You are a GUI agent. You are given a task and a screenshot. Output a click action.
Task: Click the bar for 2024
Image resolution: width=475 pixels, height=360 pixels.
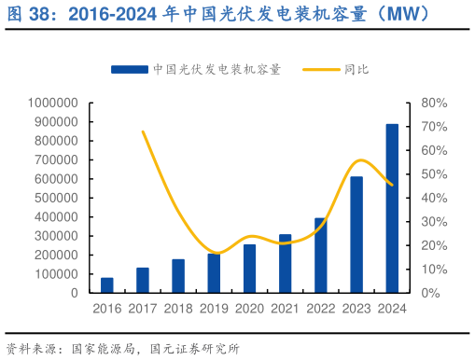[392, 208]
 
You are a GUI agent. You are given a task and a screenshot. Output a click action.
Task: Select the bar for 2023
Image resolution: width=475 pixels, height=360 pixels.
[356, 234]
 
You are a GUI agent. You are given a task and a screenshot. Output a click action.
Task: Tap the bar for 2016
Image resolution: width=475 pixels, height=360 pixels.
[107, 284]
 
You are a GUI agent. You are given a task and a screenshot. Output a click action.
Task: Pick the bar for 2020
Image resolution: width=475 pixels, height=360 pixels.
[249, 268]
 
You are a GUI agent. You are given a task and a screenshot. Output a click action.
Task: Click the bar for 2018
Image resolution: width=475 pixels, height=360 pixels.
[178, 275]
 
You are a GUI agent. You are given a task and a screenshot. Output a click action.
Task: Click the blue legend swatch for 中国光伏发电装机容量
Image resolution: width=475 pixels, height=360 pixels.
[129, 69]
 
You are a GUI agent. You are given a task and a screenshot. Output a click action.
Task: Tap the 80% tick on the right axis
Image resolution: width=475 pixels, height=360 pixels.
[434, 103]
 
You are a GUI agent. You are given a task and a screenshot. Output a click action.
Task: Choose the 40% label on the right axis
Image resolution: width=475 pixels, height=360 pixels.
[434, 198]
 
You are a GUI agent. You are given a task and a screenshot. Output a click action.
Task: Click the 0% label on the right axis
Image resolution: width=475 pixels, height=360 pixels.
[431, 293]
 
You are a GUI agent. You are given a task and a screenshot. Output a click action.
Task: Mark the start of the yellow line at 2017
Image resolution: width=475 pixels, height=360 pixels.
[143, 132]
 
